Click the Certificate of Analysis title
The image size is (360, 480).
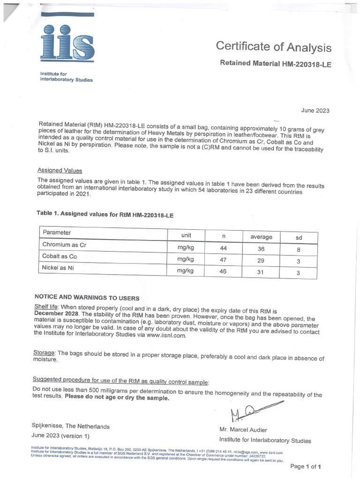273,47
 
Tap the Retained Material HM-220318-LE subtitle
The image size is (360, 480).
276,64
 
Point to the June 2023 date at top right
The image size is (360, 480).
315,111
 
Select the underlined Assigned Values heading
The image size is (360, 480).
60,171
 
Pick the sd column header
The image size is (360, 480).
299,238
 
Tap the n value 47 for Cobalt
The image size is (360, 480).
223,260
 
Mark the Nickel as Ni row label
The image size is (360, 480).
58,268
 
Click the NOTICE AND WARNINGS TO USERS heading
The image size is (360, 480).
87,298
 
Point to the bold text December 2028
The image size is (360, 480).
58,314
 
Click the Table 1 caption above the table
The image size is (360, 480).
105,213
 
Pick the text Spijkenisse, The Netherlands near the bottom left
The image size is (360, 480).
70,427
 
